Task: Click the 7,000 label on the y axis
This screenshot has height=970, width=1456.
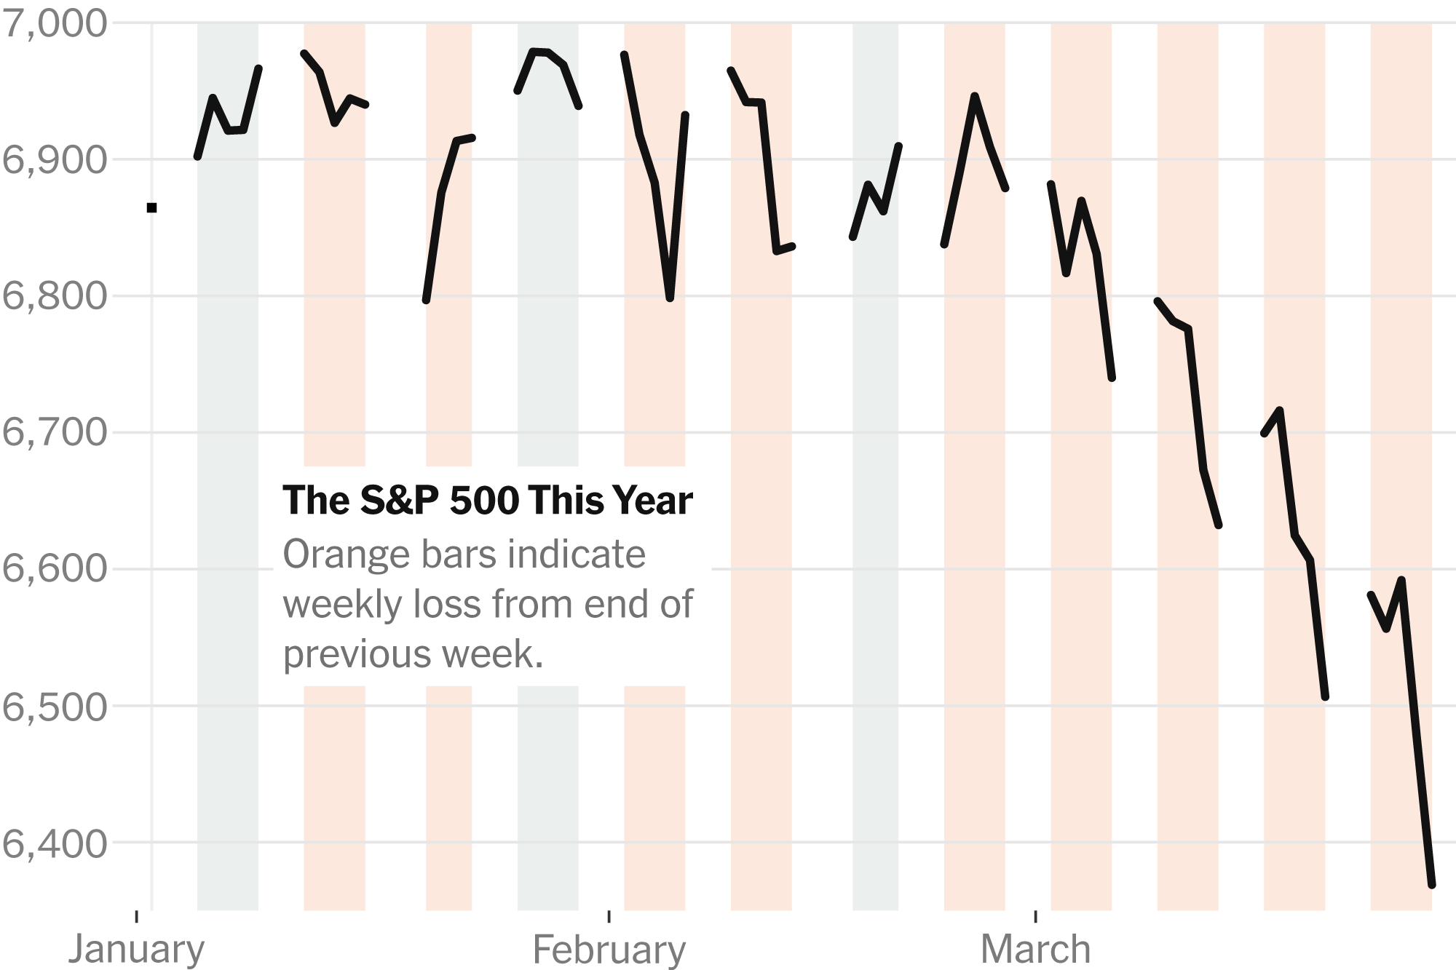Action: (x=55, y=23)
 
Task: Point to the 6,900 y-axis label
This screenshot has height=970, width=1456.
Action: (x=55, y=159)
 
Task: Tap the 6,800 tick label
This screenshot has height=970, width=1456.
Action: (x=55, y=296)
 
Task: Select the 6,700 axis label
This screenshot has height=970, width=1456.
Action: (x=55, y=432)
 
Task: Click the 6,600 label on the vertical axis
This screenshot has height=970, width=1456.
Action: (x=55, y=568)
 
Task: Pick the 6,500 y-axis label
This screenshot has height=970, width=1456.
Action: (x=55, y=706)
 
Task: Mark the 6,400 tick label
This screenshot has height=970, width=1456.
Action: (x=55, y=843)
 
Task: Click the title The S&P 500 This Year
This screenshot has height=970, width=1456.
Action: (x=487, y=501)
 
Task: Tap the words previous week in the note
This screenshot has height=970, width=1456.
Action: (x=413, y=653)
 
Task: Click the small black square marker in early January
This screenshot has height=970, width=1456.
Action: (x=151, y=208)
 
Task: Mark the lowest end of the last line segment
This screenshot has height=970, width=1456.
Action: (x=1432, y=885)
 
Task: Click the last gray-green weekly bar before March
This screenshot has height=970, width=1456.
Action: (x=875, y=509)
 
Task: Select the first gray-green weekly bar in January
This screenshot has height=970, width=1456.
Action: (x=227, y=509)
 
